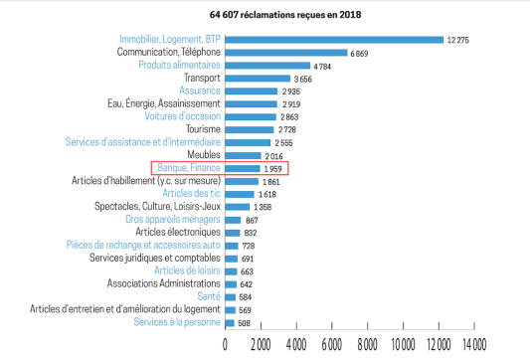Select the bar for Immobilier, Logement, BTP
coord(334,40)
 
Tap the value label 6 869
coord(361,53)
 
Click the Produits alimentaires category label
coord(179,66)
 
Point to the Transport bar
coord(258,79)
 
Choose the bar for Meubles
coord(243,156)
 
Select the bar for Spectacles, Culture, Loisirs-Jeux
coord(238,207)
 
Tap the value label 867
coord(254,220)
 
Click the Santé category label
coord(210,296)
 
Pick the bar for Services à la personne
coord(230,322)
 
